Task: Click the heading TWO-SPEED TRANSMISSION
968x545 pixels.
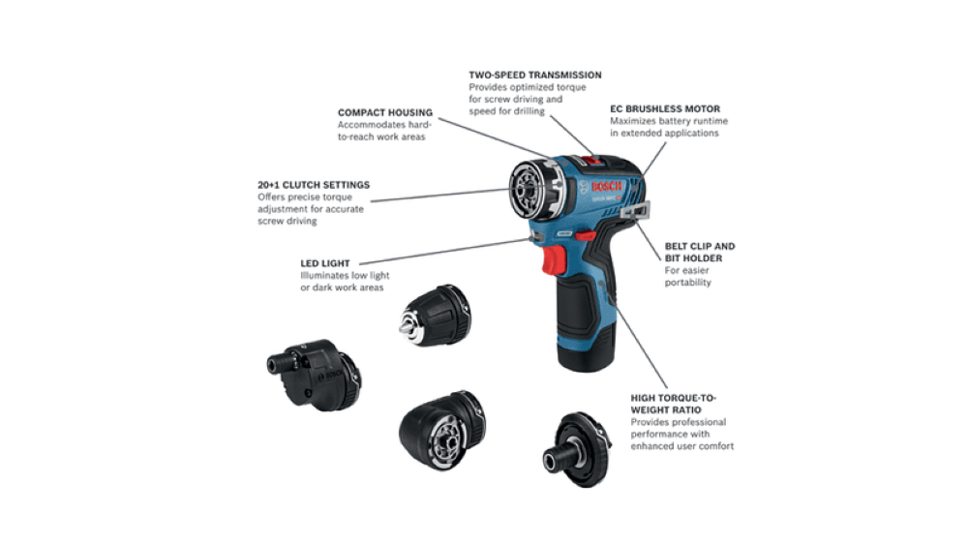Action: click(534, 75)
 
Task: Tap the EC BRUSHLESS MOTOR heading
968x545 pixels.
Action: click(665, 108)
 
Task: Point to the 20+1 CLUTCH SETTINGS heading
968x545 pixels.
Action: click(300, 185)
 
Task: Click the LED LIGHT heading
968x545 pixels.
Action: click(325, 262)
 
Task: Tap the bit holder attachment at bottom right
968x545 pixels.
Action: click(580, 450)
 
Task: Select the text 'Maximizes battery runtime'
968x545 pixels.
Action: click(668, 121)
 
